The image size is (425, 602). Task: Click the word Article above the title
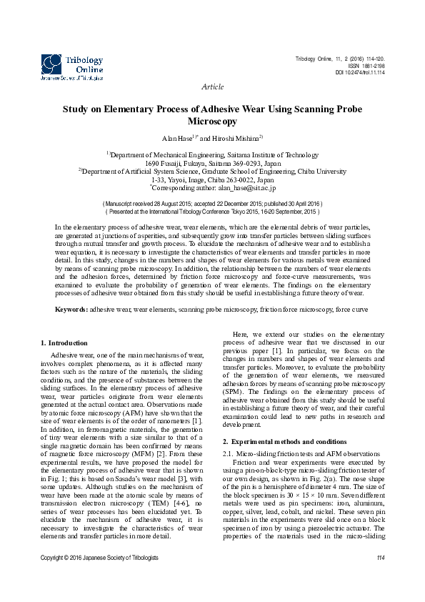tap(213, 87)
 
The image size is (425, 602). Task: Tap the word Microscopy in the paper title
tap(213, 122)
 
